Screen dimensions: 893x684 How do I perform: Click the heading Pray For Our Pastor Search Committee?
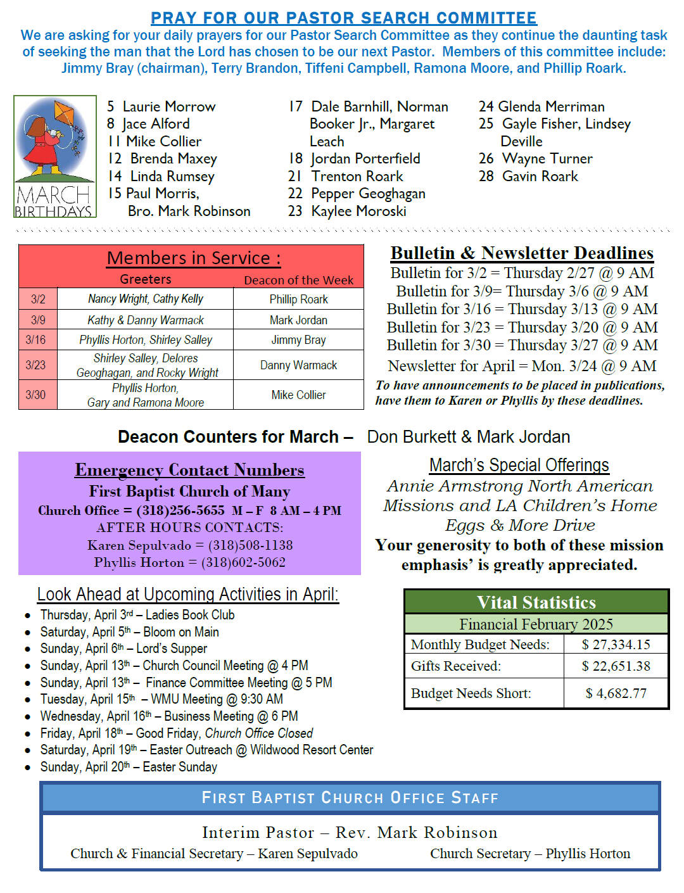343,18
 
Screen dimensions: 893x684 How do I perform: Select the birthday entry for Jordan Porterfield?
355,158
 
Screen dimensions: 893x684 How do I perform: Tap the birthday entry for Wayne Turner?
536,158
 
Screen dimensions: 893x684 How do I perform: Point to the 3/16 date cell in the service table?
35,340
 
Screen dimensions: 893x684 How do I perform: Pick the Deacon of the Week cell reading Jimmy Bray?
298,340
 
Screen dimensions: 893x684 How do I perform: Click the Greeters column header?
146,279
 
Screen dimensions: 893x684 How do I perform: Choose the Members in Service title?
193,258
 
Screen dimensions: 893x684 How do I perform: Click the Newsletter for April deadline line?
522,366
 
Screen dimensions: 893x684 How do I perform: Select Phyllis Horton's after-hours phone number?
243,562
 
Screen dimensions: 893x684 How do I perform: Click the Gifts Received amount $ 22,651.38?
616,666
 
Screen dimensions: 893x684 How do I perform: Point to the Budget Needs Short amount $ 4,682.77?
616,693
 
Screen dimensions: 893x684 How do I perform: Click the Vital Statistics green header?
536,602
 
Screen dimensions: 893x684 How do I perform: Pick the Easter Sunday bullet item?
129,767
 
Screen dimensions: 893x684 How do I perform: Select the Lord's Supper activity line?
123,649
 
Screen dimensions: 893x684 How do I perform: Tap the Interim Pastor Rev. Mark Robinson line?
350,832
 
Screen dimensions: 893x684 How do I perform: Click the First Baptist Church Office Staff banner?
350,798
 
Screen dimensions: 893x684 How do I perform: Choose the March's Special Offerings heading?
519,465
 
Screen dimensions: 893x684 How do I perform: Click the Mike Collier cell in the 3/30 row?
298,395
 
